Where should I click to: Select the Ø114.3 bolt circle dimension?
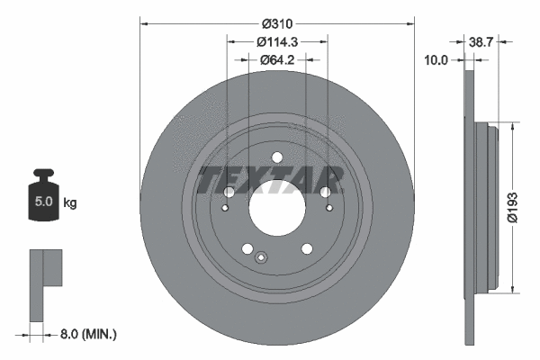point(277,41)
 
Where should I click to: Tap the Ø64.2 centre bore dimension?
point(277,60)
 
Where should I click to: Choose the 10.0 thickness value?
point(436,60)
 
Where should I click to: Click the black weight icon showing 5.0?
point(43,196)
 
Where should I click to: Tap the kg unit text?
point(70,203)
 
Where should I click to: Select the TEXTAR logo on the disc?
point(270,179)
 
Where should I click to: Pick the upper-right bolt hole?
point(325,192)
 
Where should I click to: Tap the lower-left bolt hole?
point(247,249)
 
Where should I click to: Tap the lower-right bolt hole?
point(307,249)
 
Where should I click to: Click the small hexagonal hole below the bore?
point(261,260)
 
